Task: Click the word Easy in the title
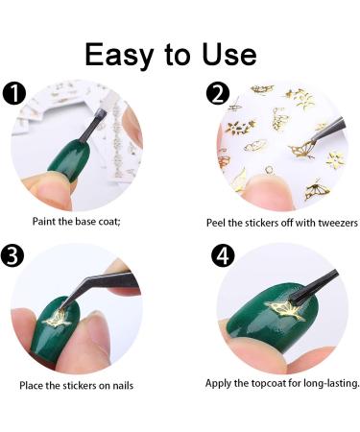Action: pos(119,56)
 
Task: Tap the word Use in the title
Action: pos(229,55)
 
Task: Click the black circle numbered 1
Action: pos(13,92)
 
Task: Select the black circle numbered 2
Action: pos(218,93)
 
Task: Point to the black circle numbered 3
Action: pos(12,254)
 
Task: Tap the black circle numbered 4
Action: pos(223,255)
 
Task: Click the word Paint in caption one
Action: pos(44,221)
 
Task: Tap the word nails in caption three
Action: pos(123,385)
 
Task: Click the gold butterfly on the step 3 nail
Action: pos(57,319)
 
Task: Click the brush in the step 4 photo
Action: pos(314,286)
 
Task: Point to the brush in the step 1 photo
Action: pos(92,126)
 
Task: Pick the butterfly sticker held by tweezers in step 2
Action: pos(301,150)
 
